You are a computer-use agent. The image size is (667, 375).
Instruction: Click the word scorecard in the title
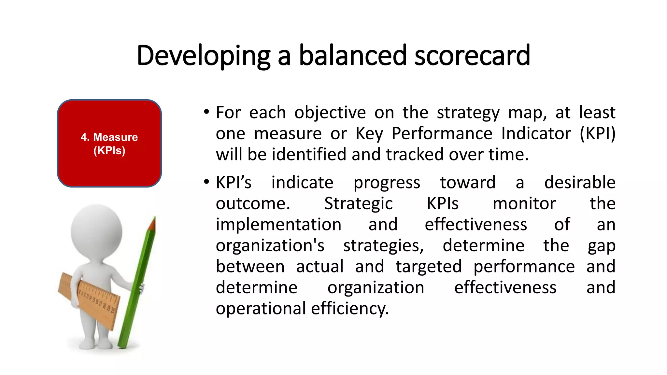point(472,55)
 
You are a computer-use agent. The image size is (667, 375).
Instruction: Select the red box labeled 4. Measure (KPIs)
point(109,143)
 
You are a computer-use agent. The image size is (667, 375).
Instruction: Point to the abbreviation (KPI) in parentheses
point(597,134)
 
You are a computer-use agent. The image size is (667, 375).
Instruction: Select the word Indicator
point(536,134)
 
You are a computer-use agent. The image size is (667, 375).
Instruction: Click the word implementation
point(278,225)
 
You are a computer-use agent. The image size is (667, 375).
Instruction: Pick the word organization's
point(270,245)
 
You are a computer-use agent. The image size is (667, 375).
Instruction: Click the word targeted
point(429,267)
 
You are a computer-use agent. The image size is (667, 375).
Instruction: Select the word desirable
point(580,182)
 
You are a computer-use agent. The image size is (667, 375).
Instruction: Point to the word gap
point(601,246)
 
